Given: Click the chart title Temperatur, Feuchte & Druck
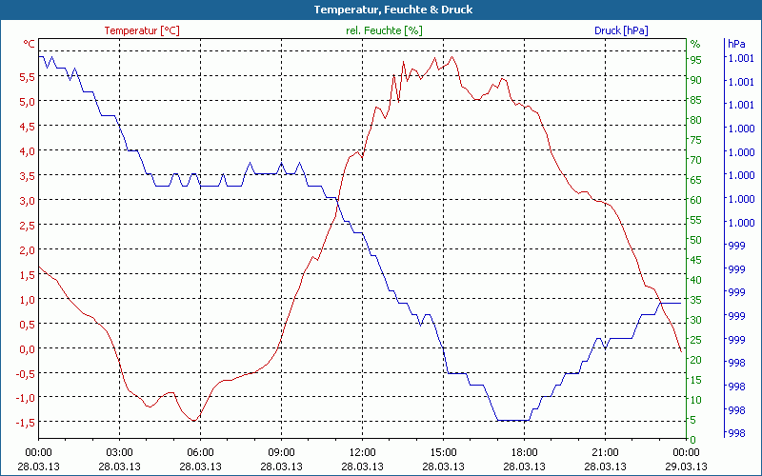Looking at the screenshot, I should pyautogui.click(x=381, y=10).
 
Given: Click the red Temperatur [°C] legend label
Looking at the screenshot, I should pyautogui.click(x=142, y=30).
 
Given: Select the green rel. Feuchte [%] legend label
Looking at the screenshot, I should pyautogui.click(x=384, y=30).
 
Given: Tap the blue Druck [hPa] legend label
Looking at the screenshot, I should pyautogui.click(x=621, y=30).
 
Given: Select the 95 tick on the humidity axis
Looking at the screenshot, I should pyautogui.click(x=696, y=60).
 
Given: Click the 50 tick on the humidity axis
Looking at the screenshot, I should pyautogui.click(x=696, y=240).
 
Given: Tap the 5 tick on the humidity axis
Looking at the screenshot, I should pyautogui.click(x=694, y=420).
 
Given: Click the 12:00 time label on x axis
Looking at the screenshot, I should pyautogui.click(x=363, y=452).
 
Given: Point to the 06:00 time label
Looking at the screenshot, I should pyautogui.click(x=200, y=452).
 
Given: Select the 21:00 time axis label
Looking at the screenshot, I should pyautogui.click(x=606, y=452).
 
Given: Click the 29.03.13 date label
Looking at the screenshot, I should pyautogui.click(x=687, y=466).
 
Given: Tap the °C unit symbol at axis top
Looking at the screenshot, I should pyautogui.click(x=30, y=44).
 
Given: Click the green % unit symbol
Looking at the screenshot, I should pyautogui.click(x=695, y=44).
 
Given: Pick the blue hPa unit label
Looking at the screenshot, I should pyautogui.click(x=736, y=44).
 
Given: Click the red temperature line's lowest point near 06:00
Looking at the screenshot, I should pyautogui.click(x=194, y=420).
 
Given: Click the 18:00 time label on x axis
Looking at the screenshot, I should pyautogui.click(x=525, y=452).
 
